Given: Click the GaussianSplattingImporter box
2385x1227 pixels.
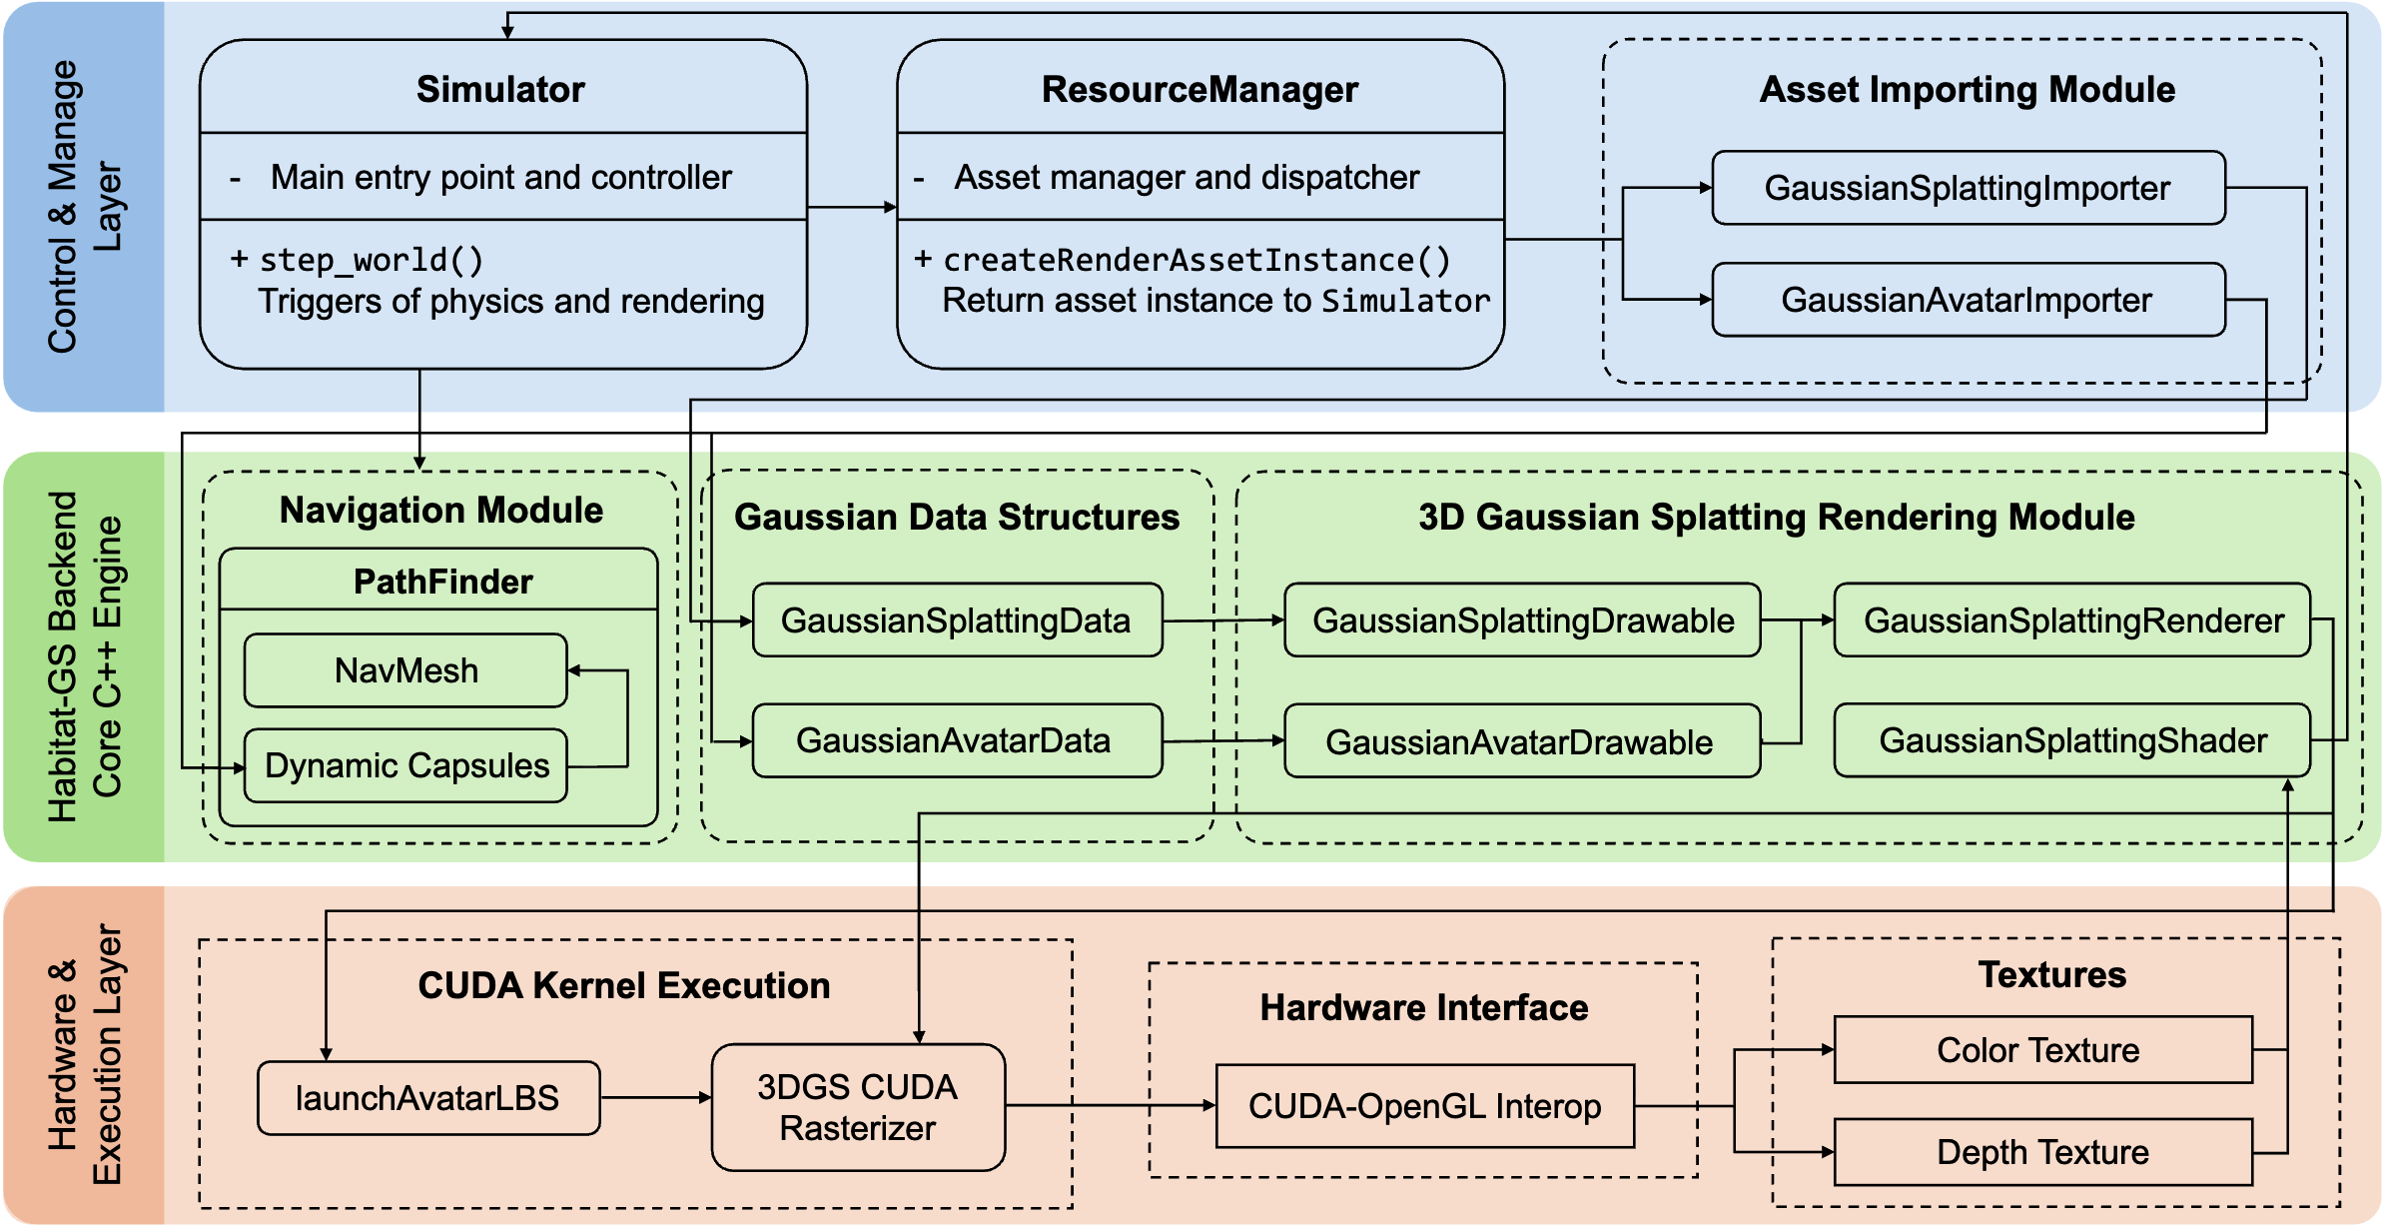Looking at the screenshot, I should [1968, 188].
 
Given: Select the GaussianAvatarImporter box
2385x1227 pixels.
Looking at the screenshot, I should [1968, 300].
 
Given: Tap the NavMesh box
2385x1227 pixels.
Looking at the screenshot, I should [405, 670].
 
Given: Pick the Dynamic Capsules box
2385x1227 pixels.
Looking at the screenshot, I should [405, 765].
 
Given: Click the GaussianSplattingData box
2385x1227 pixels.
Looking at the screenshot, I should [956, 620].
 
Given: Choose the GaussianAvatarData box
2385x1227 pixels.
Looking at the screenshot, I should [956, 740].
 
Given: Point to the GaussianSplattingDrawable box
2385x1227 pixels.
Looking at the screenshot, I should [1522, 620].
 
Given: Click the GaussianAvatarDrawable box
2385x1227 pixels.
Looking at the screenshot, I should [1522, 741].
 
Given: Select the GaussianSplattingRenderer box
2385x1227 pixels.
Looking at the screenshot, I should [2072, 620].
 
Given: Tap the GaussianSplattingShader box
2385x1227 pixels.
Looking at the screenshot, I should [2072, 740].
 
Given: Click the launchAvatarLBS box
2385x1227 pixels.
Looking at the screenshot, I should [428, 1098].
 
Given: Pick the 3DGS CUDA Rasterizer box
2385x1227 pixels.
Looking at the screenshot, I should [858, 1107].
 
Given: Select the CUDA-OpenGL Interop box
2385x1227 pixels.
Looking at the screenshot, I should [1424, 1106].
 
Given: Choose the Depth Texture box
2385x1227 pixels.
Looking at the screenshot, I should [2042, 1152].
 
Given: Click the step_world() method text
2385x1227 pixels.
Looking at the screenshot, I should [372, 261].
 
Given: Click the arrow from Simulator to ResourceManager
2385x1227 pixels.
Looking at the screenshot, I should [851, 207].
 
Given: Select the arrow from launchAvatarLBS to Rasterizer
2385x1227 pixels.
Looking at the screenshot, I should [655, 1097].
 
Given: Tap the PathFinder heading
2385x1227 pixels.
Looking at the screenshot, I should [442, 582].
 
